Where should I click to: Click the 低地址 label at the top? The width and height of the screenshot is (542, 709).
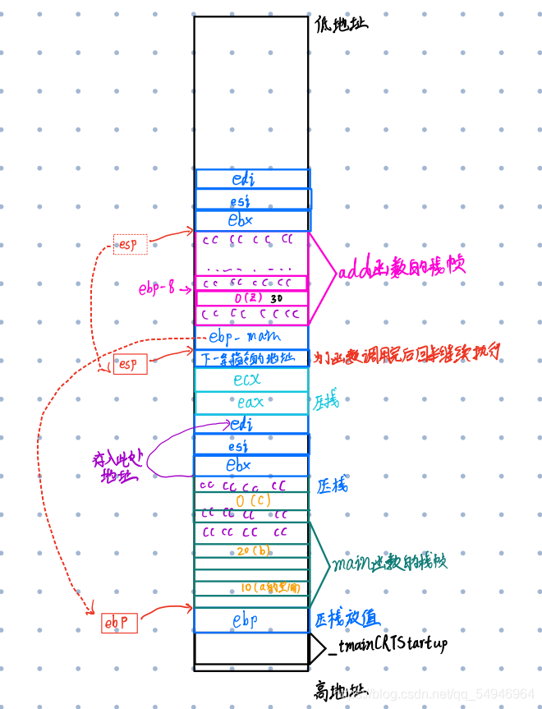click(341, 23)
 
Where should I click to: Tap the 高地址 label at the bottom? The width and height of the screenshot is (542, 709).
click(340, 690)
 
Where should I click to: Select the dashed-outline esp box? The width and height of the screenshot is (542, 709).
click(131, 244)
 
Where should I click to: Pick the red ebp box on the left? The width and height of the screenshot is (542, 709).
click(119, 624)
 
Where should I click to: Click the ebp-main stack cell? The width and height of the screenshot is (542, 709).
click(250, 337)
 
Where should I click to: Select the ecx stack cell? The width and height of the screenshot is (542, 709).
click(250, 379)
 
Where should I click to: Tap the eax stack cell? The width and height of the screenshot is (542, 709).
click(250, 402)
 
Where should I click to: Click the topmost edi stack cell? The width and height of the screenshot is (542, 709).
click(252, 178)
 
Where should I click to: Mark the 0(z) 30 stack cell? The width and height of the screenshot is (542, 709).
click(251, 297)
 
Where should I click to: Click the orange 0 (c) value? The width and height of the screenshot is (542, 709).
click(251, 500)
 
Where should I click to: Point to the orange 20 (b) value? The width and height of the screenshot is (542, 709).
click(251, 550)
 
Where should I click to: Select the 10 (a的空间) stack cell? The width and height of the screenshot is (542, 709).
click(251, 587)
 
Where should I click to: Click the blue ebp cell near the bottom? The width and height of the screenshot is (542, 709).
click(251, 620)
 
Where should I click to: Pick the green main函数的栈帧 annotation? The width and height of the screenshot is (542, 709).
click(389, 563)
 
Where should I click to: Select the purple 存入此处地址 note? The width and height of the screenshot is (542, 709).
click(119, 468)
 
